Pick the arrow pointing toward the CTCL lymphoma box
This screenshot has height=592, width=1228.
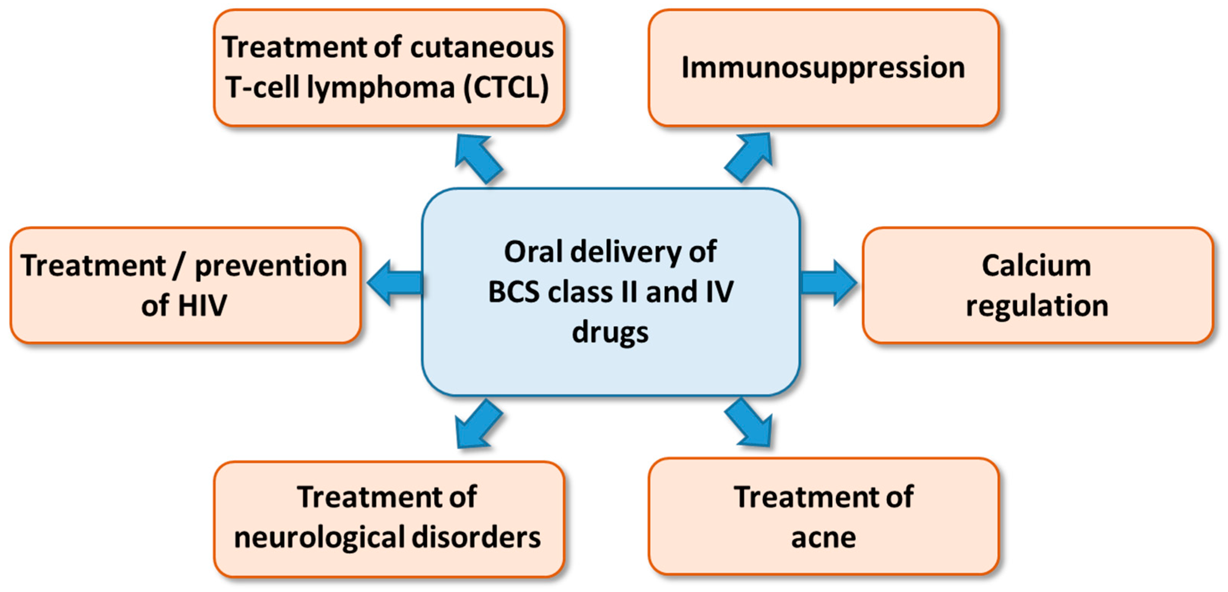pyautogui.click(x=478, y=157)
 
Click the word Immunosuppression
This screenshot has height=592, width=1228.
pyautogui.click(x=823, y=67)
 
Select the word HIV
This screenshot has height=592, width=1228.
pyautogui.click(x=202, y=306)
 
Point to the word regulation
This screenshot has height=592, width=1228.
pyautogui.click(x=1037, y=306)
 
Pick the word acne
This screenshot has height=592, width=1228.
pyautogui.click(x=823, y=538)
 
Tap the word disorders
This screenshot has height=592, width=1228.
pyautogui.click(x=476, y=538)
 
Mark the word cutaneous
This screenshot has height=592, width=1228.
pyautogui.click(x=481, y=48)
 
